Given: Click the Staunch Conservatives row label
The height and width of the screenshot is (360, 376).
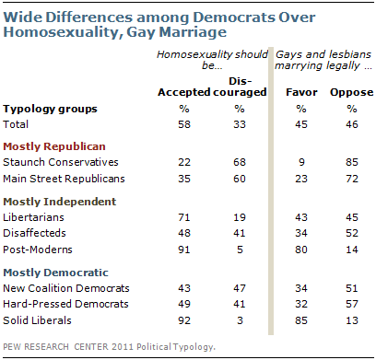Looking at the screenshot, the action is click(x=61, y=162).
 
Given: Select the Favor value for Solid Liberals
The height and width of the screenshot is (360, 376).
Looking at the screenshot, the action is click(x=301, y=320).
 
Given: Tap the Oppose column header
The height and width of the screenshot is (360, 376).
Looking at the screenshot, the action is click(x=352, y=93).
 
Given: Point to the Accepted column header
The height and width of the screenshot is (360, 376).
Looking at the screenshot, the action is click(x=184, y=92).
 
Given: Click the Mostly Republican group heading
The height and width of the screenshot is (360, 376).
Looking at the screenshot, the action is click(x=54, y=146).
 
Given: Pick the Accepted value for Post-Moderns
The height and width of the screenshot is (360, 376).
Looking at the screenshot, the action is click(x=184, y=250).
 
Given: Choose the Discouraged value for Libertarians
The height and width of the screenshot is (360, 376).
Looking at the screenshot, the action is click(x=240, y=217).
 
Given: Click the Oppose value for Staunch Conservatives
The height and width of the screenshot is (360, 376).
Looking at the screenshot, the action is click(x=352, y=162).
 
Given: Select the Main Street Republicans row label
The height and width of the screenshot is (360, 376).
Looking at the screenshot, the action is click(x=64, y=179).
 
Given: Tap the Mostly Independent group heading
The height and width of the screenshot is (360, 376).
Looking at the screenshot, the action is click(x=60, y=202).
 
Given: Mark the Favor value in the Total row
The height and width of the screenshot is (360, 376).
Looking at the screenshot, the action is click(x=301, y=124).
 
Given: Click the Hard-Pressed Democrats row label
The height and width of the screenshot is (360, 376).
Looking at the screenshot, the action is click(x=65, y=304).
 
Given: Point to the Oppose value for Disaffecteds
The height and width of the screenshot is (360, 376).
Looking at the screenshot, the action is click(x=352, y=233).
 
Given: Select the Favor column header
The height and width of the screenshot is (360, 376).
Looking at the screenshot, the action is click(x=301, y=92).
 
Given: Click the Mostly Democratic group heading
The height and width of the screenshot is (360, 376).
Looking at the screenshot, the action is click(x=55, y=273).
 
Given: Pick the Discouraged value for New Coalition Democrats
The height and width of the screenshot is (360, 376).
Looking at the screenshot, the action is click(x=240, y=288).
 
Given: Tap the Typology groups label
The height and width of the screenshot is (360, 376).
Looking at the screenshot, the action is click(x=50, y=110).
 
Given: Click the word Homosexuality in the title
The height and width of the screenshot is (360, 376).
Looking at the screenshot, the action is click(x=61, y=32).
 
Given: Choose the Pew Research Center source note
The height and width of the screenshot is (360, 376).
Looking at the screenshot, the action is click(x=109, y=347).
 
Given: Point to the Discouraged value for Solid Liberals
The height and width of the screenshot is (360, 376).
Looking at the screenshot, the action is click(x=240, y=320).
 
